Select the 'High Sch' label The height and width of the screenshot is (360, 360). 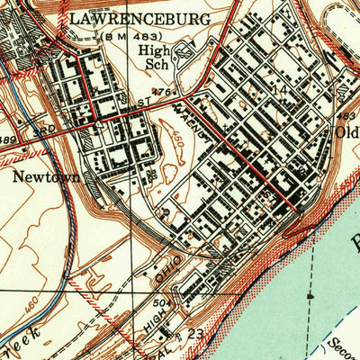tap(160, 58)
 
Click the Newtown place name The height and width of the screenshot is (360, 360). tap(46, 177)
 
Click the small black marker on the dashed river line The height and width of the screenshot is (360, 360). tap(310, 294)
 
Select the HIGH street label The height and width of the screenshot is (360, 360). tap(157, 331)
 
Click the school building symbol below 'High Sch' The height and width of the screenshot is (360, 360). tap(184, 54)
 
